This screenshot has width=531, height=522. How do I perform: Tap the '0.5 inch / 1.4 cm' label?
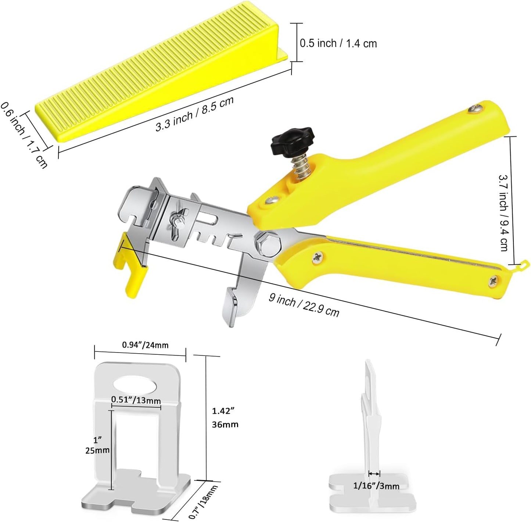(338, 43)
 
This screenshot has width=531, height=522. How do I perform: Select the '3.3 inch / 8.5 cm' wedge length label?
(194, 114)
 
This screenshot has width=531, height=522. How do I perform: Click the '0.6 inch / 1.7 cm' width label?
(24, 135)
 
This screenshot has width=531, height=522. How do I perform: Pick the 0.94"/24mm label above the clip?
(145, 345)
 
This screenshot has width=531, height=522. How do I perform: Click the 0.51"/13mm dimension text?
(136, 400)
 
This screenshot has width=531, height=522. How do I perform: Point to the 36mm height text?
(225, 424)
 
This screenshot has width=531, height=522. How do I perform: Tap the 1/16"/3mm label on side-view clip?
(376, 486)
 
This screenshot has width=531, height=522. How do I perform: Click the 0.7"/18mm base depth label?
(203, 501)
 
